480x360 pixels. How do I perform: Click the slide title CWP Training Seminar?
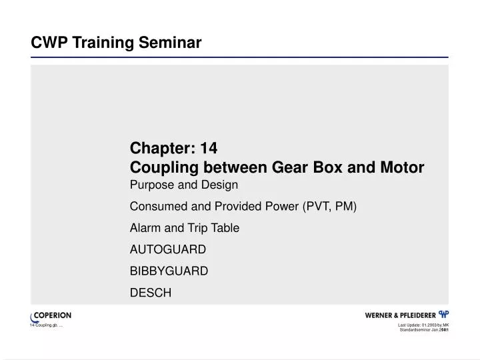tap(116, 43)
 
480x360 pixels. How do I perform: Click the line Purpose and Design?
tap(183, 184)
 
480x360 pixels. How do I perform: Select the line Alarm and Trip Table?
tap(185, 228)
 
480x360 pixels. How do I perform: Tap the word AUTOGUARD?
tap(168, 249)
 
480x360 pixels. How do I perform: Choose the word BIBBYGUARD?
tap(169, 271)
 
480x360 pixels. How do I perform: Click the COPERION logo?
tap(51, 315)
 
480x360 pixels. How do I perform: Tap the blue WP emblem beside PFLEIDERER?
tap(443, 314)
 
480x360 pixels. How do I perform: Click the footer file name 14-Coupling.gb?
tap(45, 325)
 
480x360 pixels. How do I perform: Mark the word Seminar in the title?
tap(170, 43)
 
